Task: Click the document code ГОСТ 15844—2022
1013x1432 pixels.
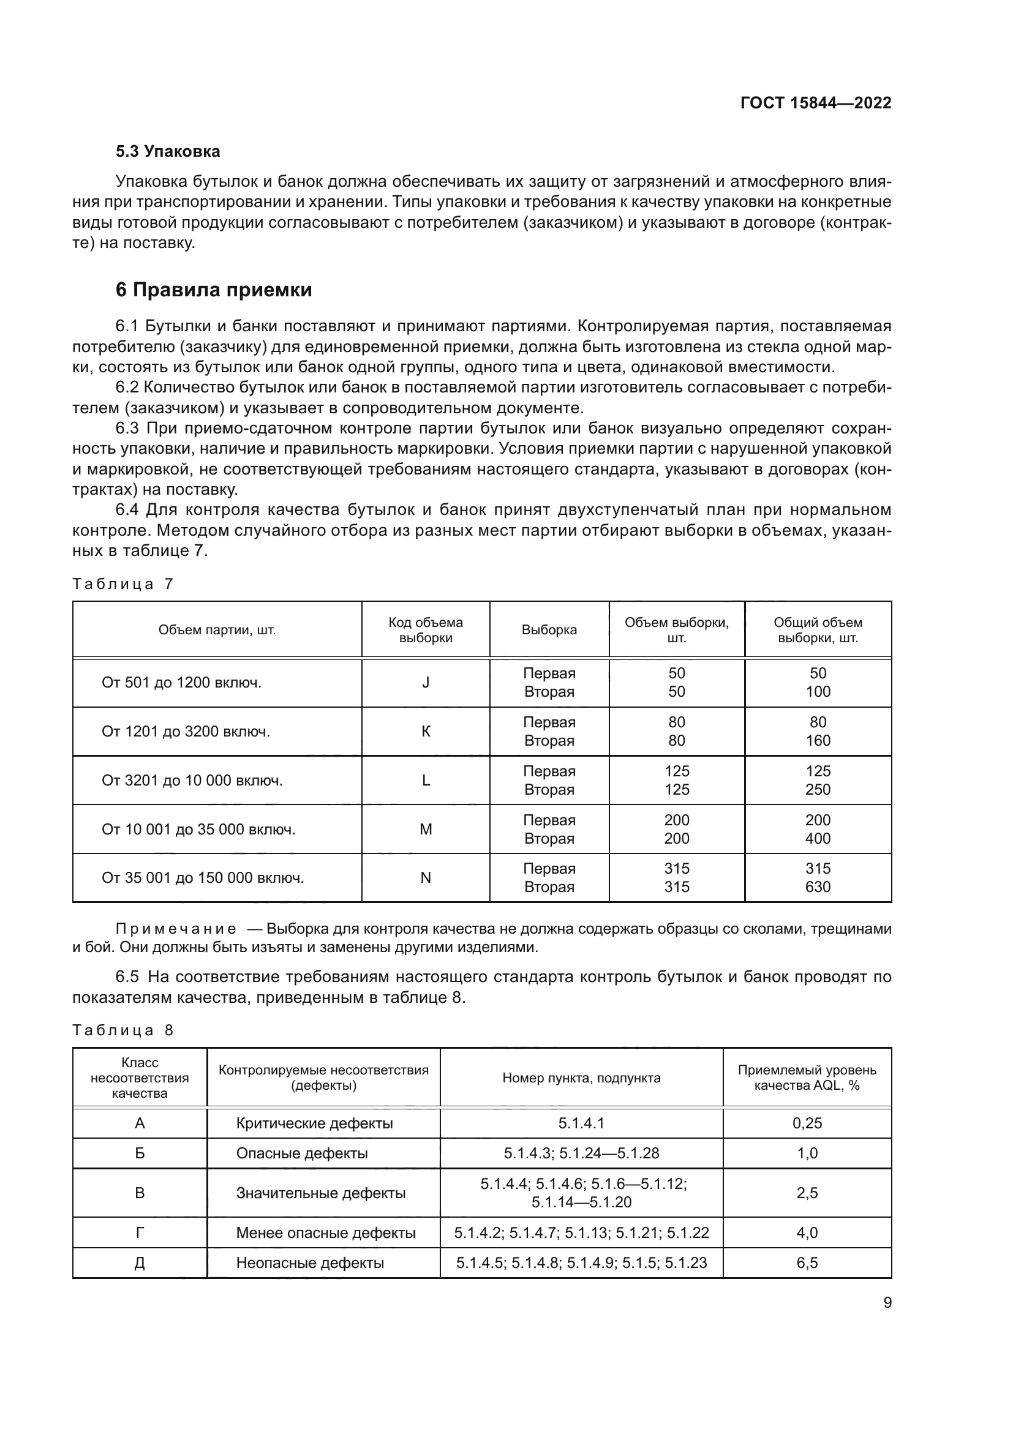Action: click(x=815, y=103)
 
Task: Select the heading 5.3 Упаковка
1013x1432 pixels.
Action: click(x=168, y=152)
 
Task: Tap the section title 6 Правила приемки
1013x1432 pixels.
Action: click(x=214, y=290)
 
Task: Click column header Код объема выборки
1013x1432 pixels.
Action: click(x=426, y=630)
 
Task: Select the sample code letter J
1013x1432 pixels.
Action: click(x=426, y=682)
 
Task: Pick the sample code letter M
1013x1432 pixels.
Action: click(x=426, y=829)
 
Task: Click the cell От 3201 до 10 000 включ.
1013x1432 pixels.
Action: click(x=192, y=780)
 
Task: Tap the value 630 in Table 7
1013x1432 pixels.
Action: click(x=817, y=887)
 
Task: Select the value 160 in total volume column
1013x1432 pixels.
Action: click(x=817, y=740)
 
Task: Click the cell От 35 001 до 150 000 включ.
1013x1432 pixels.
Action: click(x=203, y=877)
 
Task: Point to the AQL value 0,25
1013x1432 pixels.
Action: click(x=807, y=1123)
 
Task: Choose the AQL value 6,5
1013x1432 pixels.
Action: click(x=807, y=1263)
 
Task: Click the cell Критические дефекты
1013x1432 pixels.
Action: click(x=314, y=1123)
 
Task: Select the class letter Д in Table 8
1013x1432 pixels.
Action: click(x=140, y=1263)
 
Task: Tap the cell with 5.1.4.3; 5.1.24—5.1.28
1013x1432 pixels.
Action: click(x=581, y=1153)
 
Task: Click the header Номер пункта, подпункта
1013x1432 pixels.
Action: click(x=581, y=1078)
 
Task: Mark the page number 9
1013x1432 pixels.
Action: click(x=887, y=1303)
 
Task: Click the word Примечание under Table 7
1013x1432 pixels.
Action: click(x=176, y=929)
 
